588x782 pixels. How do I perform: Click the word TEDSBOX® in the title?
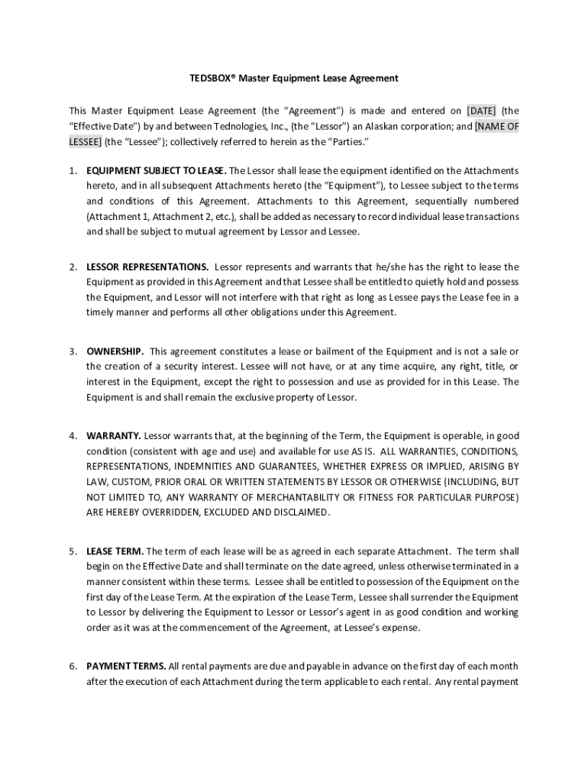[x=214, y=78]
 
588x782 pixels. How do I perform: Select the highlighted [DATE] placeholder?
[x=480, y=110]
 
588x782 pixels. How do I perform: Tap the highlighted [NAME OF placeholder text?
[x=496, y=126]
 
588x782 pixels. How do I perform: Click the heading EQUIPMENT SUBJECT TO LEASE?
[x=157, y=170]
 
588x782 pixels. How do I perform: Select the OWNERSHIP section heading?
[x=115, y=351]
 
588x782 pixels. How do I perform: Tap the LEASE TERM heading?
[x=115, y=551]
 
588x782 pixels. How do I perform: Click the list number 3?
[x=73, y=351]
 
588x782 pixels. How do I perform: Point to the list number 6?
[x=73, y=666]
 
